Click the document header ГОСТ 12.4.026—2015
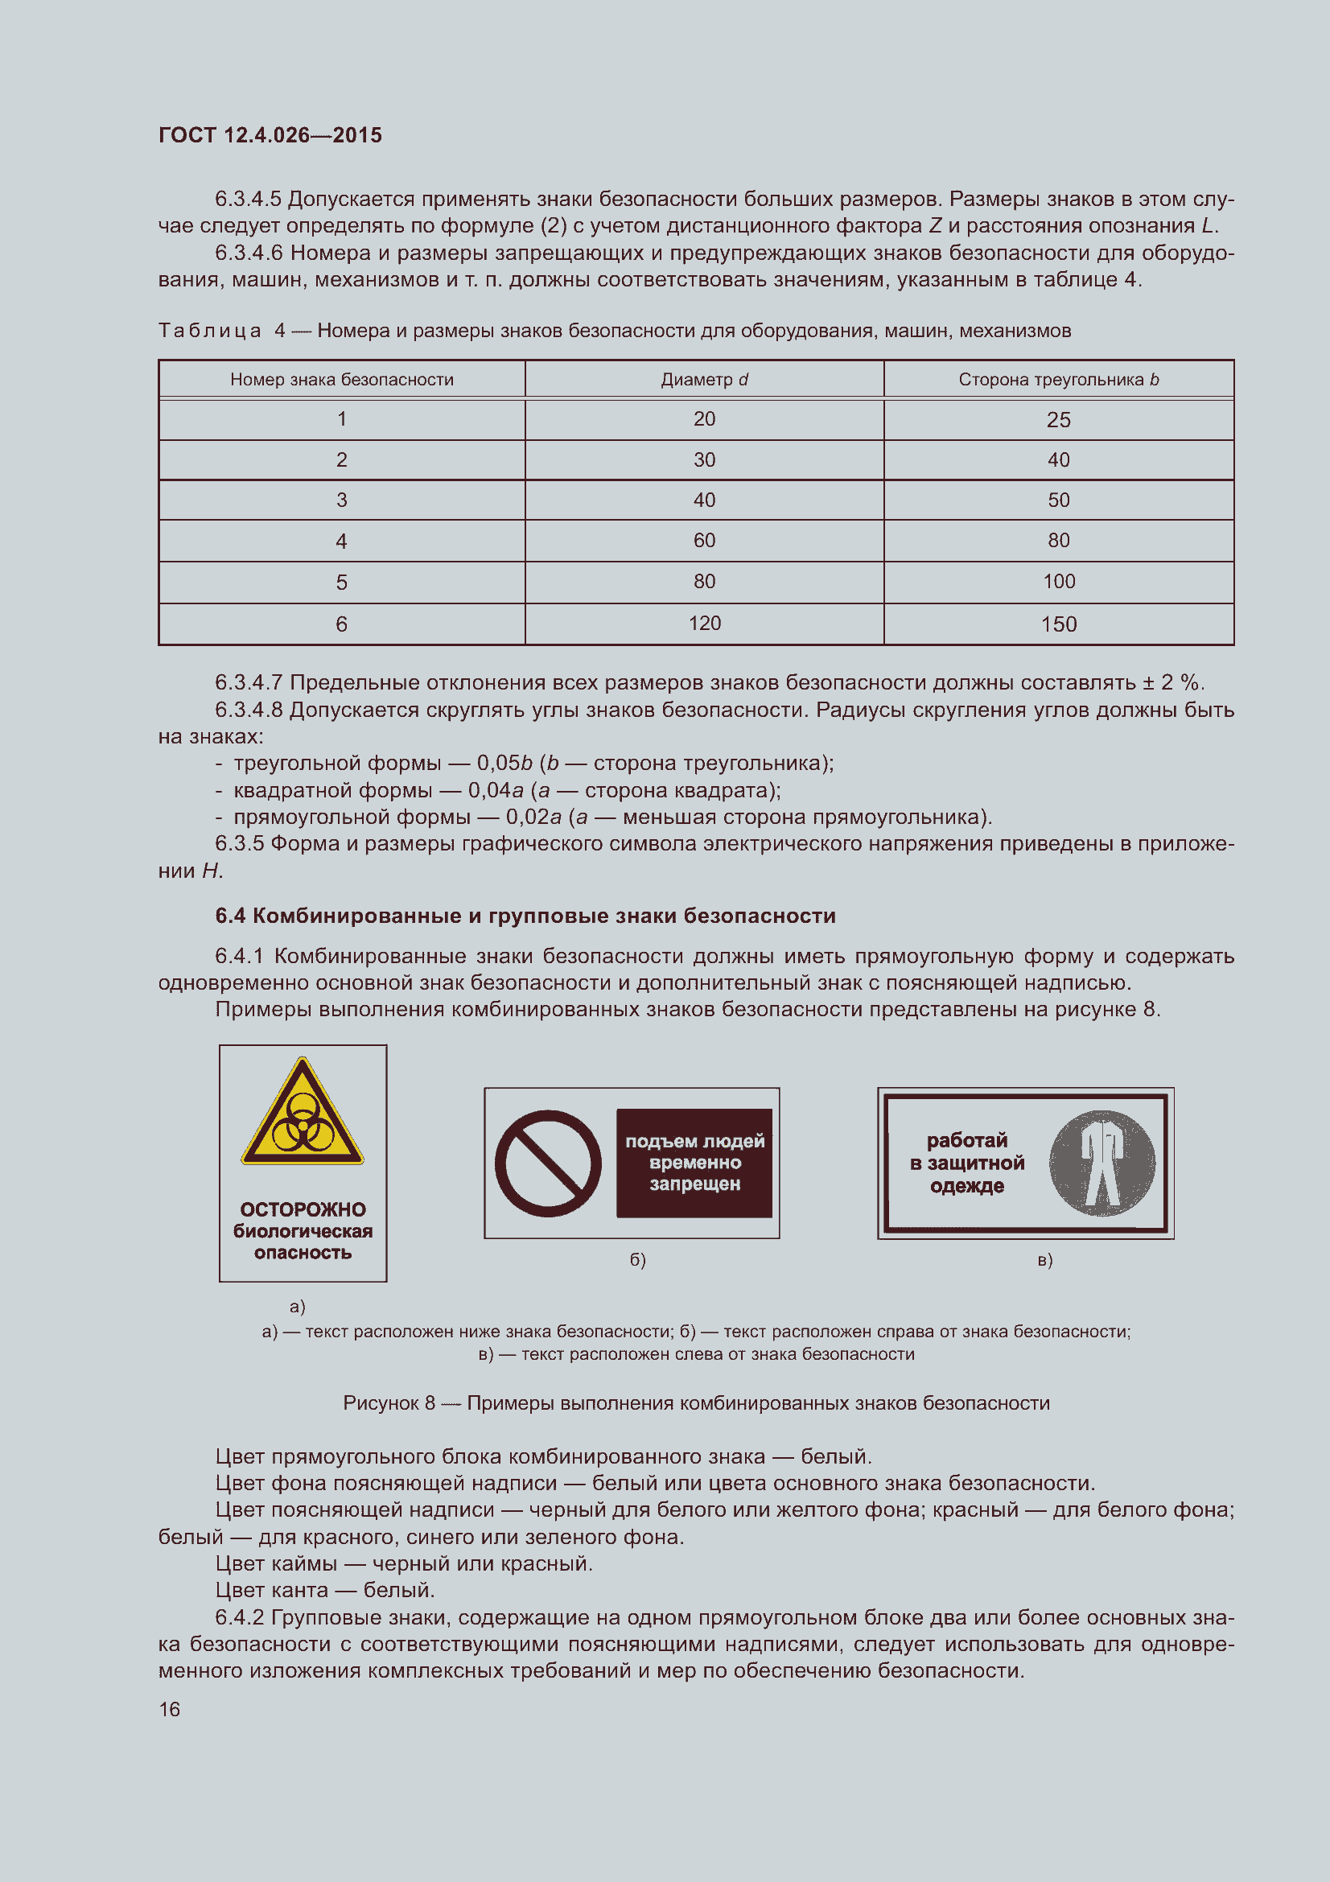tap(270, 135)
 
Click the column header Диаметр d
tap(704, 380)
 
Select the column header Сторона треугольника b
tap(1058, 380)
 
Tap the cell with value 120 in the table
tap(704, 623)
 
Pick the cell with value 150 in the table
tap(1058, 624)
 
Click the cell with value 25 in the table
tap(1058, 420)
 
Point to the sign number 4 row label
tap(341, 541)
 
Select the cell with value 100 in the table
tap(1058, 581)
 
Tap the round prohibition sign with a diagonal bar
tap(547, 1163)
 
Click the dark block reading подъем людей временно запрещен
tap(694, 1163)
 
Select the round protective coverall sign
tap(1101, 1163)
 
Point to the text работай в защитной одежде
tap(967, 1163)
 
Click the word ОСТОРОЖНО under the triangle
tap(303, 1209)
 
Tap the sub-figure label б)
tap(637, 1260)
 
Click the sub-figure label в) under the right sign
tap(1045, 1260)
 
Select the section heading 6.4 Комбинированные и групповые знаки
tap(525, 916)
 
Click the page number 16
tap(170, 1709)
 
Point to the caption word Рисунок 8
tap(389, 1402)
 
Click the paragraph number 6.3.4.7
tap(248, 683)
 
